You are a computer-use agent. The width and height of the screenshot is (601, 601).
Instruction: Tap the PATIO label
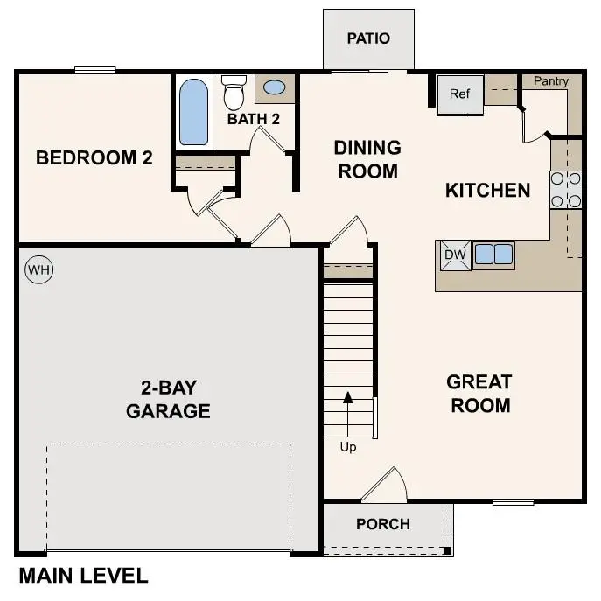[367, 38]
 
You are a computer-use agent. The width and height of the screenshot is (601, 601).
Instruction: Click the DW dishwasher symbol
[453, 255]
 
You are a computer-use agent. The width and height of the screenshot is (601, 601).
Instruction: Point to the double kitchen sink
[493, 255]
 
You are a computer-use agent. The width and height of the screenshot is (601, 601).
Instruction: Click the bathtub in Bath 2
[193, 112]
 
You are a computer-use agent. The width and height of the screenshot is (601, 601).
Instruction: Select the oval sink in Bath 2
[274, 87]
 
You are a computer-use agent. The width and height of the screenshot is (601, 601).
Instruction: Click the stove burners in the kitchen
[566, 190]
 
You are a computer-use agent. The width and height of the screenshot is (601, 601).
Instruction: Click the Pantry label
[550, 81]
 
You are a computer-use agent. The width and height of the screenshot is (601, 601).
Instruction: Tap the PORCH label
[383, 524]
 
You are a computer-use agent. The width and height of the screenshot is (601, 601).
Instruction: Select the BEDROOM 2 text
[94, 158]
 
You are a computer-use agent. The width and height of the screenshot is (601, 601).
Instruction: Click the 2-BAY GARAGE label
[168, 399]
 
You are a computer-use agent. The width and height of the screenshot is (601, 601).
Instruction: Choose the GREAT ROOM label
[479, 394]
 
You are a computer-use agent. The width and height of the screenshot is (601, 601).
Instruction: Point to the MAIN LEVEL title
[83, 577]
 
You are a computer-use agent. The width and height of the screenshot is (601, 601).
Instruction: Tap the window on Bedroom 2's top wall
[94, 71]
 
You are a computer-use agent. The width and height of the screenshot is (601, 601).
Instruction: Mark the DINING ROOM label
[367, 159]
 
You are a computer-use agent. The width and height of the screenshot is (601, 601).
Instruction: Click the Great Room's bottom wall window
[513, 502]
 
